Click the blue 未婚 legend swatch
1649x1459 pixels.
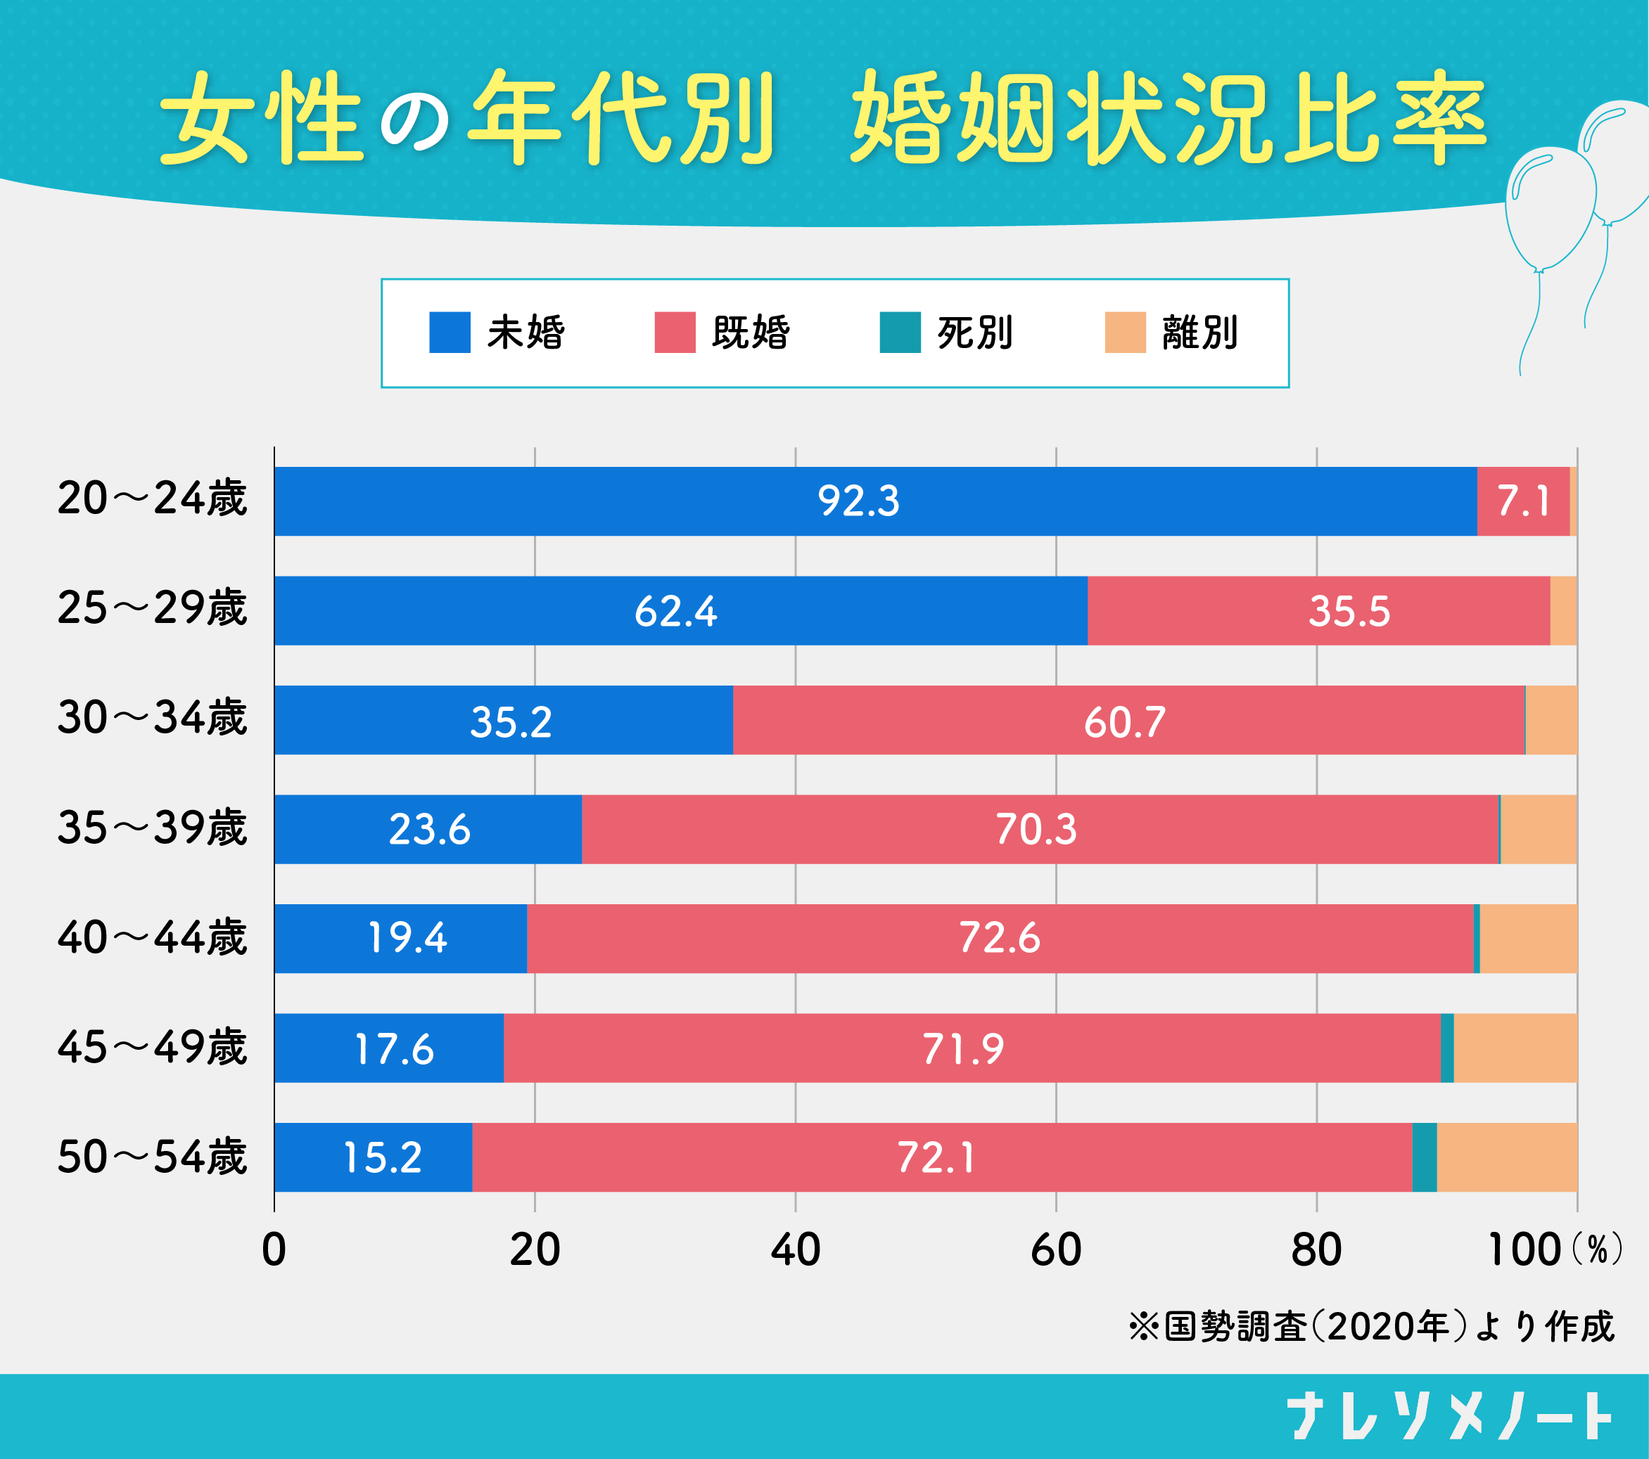point(450,333)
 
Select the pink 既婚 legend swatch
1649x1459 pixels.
point(675,333)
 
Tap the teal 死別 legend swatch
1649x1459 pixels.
point(900,333)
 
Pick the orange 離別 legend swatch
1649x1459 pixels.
point(1125,333)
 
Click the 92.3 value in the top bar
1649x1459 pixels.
point(858,501)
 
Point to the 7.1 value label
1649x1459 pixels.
point(1523,501)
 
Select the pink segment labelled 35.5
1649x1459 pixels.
point(1349,610)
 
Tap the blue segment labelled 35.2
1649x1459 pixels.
point(511,721)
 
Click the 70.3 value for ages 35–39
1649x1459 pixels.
point(1036,829)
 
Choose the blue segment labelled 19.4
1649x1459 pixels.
point(407,938)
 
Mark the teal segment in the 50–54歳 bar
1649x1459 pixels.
point(1424,1157)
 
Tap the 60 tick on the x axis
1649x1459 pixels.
point(1055,1250)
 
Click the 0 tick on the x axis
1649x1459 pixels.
point(274,1250)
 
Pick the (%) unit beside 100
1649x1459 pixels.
point(1596,1250)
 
